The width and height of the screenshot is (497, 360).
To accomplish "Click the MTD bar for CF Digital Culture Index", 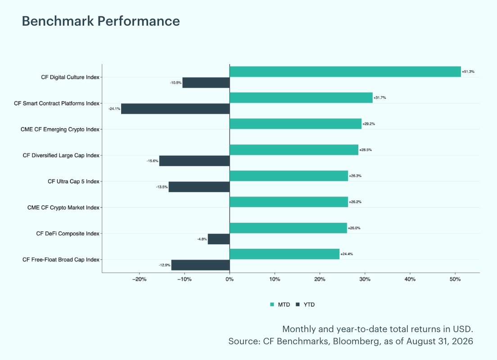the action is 345,72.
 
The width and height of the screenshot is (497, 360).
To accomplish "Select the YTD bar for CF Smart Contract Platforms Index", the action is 175,109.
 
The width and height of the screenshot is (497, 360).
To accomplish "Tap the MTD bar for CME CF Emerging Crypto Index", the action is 295,124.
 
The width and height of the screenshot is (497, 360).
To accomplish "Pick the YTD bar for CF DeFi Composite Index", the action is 219,239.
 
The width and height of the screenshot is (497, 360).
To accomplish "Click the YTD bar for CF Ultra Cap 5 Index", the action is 199,187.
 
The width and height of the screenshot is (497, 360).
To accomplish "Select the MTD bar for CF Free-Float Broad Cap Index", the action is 285,254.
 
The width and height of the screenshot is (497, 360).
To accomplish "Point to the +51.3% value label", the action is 468,72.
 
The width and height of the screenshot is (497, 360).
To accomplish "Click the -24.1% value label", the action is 114,109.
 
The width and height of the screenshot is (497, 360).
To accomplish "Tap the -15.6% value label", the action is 153,161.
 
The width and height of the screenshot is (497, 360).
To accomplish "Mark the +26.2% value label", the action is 355,202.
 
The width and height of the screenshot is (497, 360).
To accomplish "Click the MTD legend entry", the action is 280,305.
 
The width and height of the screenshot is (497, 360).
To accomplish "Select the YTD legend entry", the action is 305,305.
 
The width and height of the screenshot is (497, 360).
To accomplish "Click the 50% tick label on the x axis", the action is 455,279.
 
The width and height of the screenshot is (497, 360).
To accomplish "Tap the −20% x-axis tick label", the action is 139,279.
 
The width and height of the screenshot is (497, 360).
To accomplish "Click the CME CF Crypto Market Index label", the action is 63,207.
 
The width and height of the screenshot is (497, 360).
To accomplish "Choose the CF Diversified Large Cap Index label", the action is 61,155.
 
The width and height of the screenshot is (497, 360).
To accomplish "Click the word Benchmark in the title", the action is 58,21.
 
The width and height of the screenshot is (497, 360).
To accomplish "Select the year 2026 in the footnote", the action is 462,341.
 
